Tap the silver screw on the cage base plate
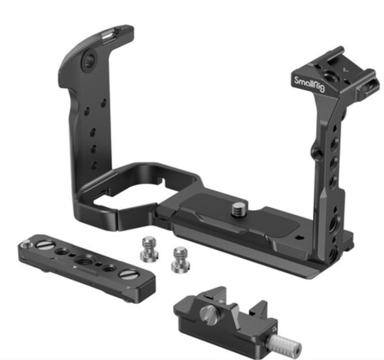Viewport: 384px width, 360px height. click(x=238, y=209)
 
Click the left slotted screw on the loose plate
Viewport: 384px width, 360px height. click(x=45, y=245)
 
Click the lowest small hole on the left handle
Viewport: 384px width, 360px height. click(x=94, y=166)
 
